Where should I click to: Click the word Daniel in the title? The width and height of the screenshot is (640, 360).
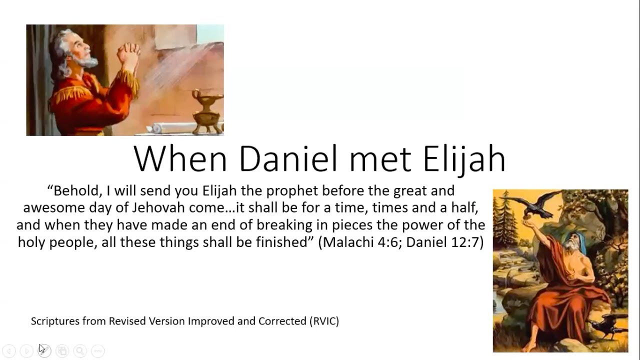[288, 159]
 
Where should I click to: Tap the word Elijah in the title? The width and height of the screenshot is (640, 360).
[464, 160]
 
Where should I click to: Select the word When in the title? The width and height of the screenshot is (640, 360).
[180, 159]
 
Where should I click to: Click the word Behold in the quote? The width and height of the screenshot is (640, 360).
[75, 191]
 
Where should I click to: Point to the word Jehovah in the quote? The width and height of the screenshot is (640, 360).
[158, 207]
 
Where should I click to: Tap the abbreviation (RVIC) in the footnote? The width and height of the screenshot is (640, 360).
[324, 321]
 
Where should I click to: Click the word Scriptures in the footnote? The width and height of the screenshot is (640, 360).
[55, 321]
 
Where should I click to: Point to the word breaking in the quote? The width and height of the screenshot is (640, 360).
[284, 225]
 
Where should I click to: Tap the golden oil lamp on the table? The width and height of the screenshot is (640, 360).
[207, 111]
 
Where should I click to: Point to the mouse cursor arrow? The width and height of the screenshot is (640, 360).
[42, 349]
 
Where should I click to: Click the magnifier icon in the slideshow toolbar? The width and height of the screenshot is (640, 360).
[80, 351]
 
